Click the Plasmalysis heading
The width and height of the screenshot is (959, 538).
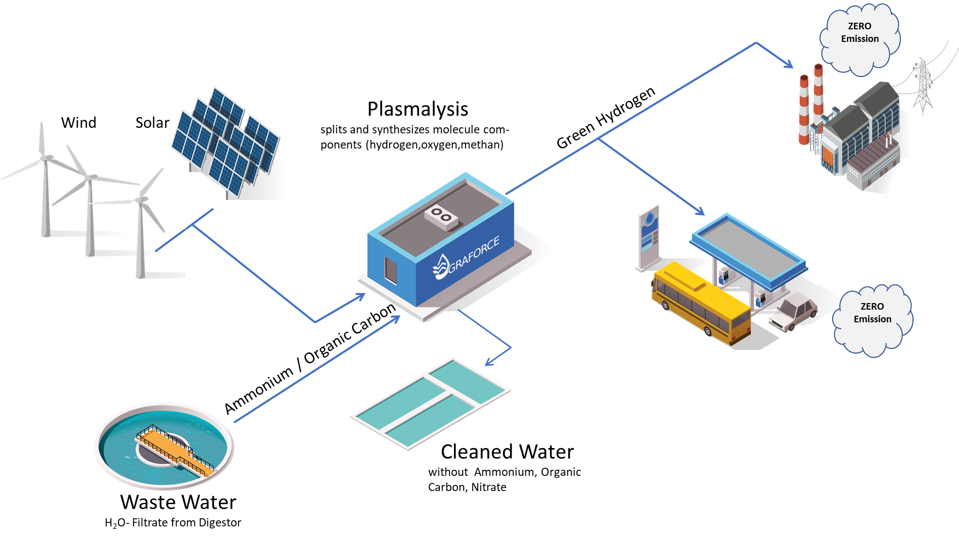click(418, 109)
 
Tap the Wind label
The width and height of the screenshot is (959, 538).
click(78, 123)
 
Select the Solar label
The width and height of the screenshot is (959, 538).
click(152, 123)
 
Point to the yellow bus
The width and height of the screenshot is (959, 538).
click(700, 303)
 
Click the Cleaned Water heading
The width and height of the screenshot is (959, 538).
click(507, 452)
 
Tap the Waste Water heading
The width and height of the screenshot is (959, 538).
click(178, 502)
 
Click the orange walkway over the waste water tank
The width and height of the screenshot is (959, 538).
click(174, 450)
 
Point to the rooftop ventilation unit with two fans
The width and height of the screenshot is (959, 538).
click(441, 217)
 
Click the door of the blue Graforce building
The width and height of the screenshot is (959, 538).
click(390, 270)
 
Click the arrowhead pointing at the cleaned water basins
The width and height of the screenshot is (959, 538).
click(489, 362)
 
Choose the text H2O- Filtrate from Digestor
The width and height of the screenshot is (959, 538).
click(173, 523)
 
